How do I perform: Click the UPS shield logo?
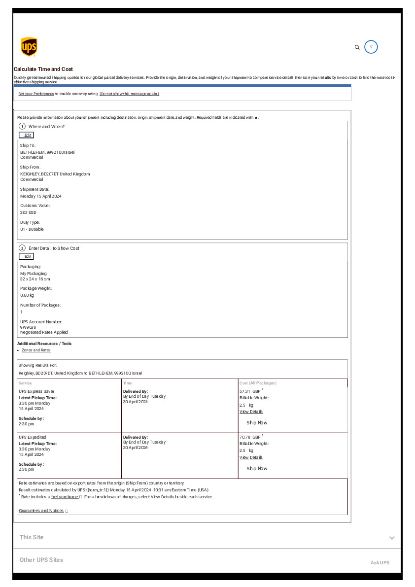click(x=29, y=47)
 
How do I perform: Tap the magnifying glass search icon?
click(x=357, y=47)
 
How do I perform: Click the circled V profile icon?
click(x=371, y=47)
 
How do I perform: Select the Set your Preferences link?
click(x=36, y=94)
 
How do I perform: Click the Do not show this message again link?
click(x=129, y=94)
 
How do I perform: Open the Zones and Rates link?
click(x=36, y=350)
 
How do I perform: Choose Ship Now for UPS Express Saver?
click(x=257, y=423)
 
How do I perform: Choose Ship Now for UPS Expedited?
click(x=257, y=469)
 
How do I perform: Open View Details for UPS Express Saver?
click(x=251, y=412)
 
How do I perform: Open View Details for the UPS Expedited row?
click(x=251, y=457)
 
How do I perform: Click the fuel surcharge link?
click(x=65, y=497)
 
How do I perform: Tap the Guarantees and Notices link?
click(x=41, y=511)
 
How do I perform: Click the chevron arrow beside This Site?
click(x=392, y=538)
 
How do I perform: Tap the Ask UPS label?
click(x=380, y=562)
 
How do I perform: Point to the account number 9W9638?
click(x=28, y=327)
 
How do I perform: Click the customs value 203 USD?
click(x=28, y=212)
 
